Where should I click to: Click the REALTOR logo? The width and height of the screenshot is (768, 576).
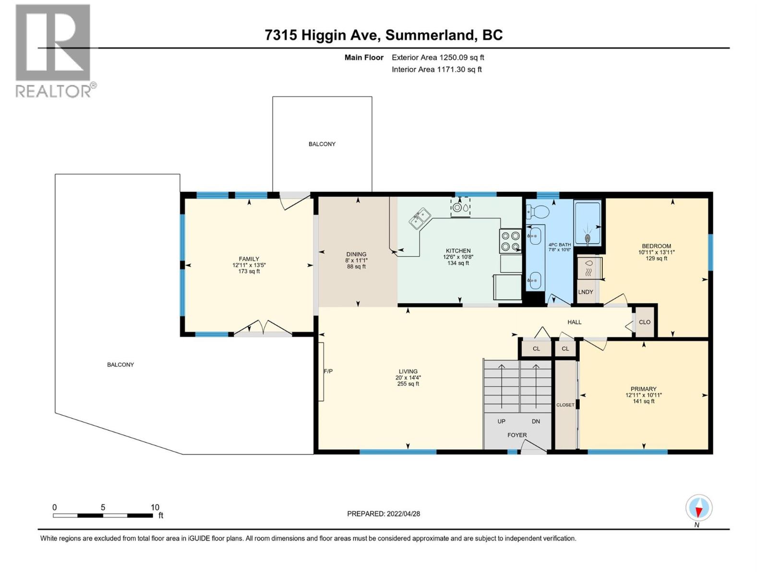pyautogui.click(x=53, y=50)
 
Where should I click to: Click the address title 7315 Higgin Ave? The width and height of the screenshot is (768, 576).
pyautogui.click(x=384, y=35)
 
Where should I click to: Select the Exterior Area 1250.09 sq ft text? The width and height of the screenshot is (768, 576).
pyautogui.click(x=437, y=58)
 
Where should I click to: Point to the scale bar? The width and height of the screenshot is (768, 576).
pyautogui.click(x=103, y=516)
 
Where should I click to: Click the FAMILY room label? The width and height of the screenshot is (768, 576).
pyautogui.click(x=249, y=259)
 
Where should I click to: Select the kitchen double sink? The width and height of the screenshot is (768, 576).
pyautogui.click(x=420, y=218)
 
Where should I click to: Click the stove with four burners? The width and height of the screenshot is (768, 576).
pyautogui.click(x=510, y=241)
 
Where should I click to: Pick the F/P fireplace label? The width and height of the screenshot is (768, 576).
pyautogui.click(x=328, y=371)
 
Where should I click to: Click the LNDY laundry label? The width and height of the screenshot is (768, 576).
pyautogui.click(x=586, y=292)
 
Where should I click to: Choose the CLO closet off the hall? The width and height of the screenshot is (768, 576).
pyautogui.click(x=645, y=322)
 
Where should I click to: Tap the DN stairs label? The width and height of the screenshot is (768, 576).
pyautogui.click(x=536, y=421)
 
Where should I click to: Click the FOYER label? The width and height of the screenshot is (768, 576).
pyautogui.click(x=517, y=435)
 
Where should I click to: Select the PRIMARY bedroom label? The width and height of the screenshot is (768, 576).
pyautogui.click(x=643, y=389)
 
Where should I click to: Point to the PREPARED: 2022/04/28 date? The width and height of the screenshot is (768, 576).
pyautogui.click(x=384, y=514)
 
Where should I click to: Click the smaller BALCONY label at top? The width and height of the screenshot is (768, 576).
pyautogui.click(x=322, y=144)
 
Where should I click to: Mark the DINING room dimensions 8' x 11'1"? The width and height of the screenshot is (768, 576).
pyautogui.click(x=356, y=261)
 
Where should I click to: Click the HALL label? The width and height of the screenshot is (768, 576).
pyautogui.click(x=574, y=322)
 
